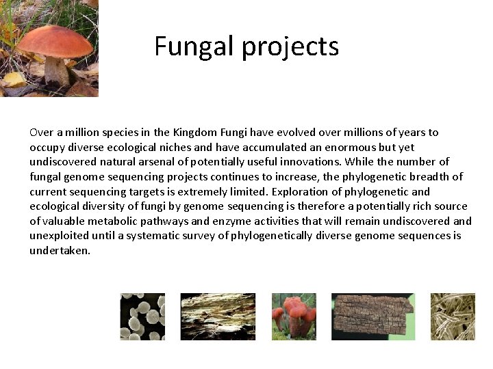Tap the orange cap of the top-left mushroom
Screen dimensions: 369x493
(54, 41)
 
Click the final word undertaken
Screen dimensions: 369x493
(60, 251)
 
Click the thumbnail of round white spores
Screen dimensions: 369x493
(142, 316)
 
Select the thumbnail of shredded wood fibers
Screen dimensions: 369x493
(217, 316)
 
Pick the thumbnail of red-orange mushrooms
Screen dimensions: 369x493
(294, 316)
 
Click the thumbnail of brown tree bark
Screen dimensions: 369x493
(372, 316)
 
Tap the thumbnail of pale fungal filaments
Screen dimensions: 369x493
(452, 316)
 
